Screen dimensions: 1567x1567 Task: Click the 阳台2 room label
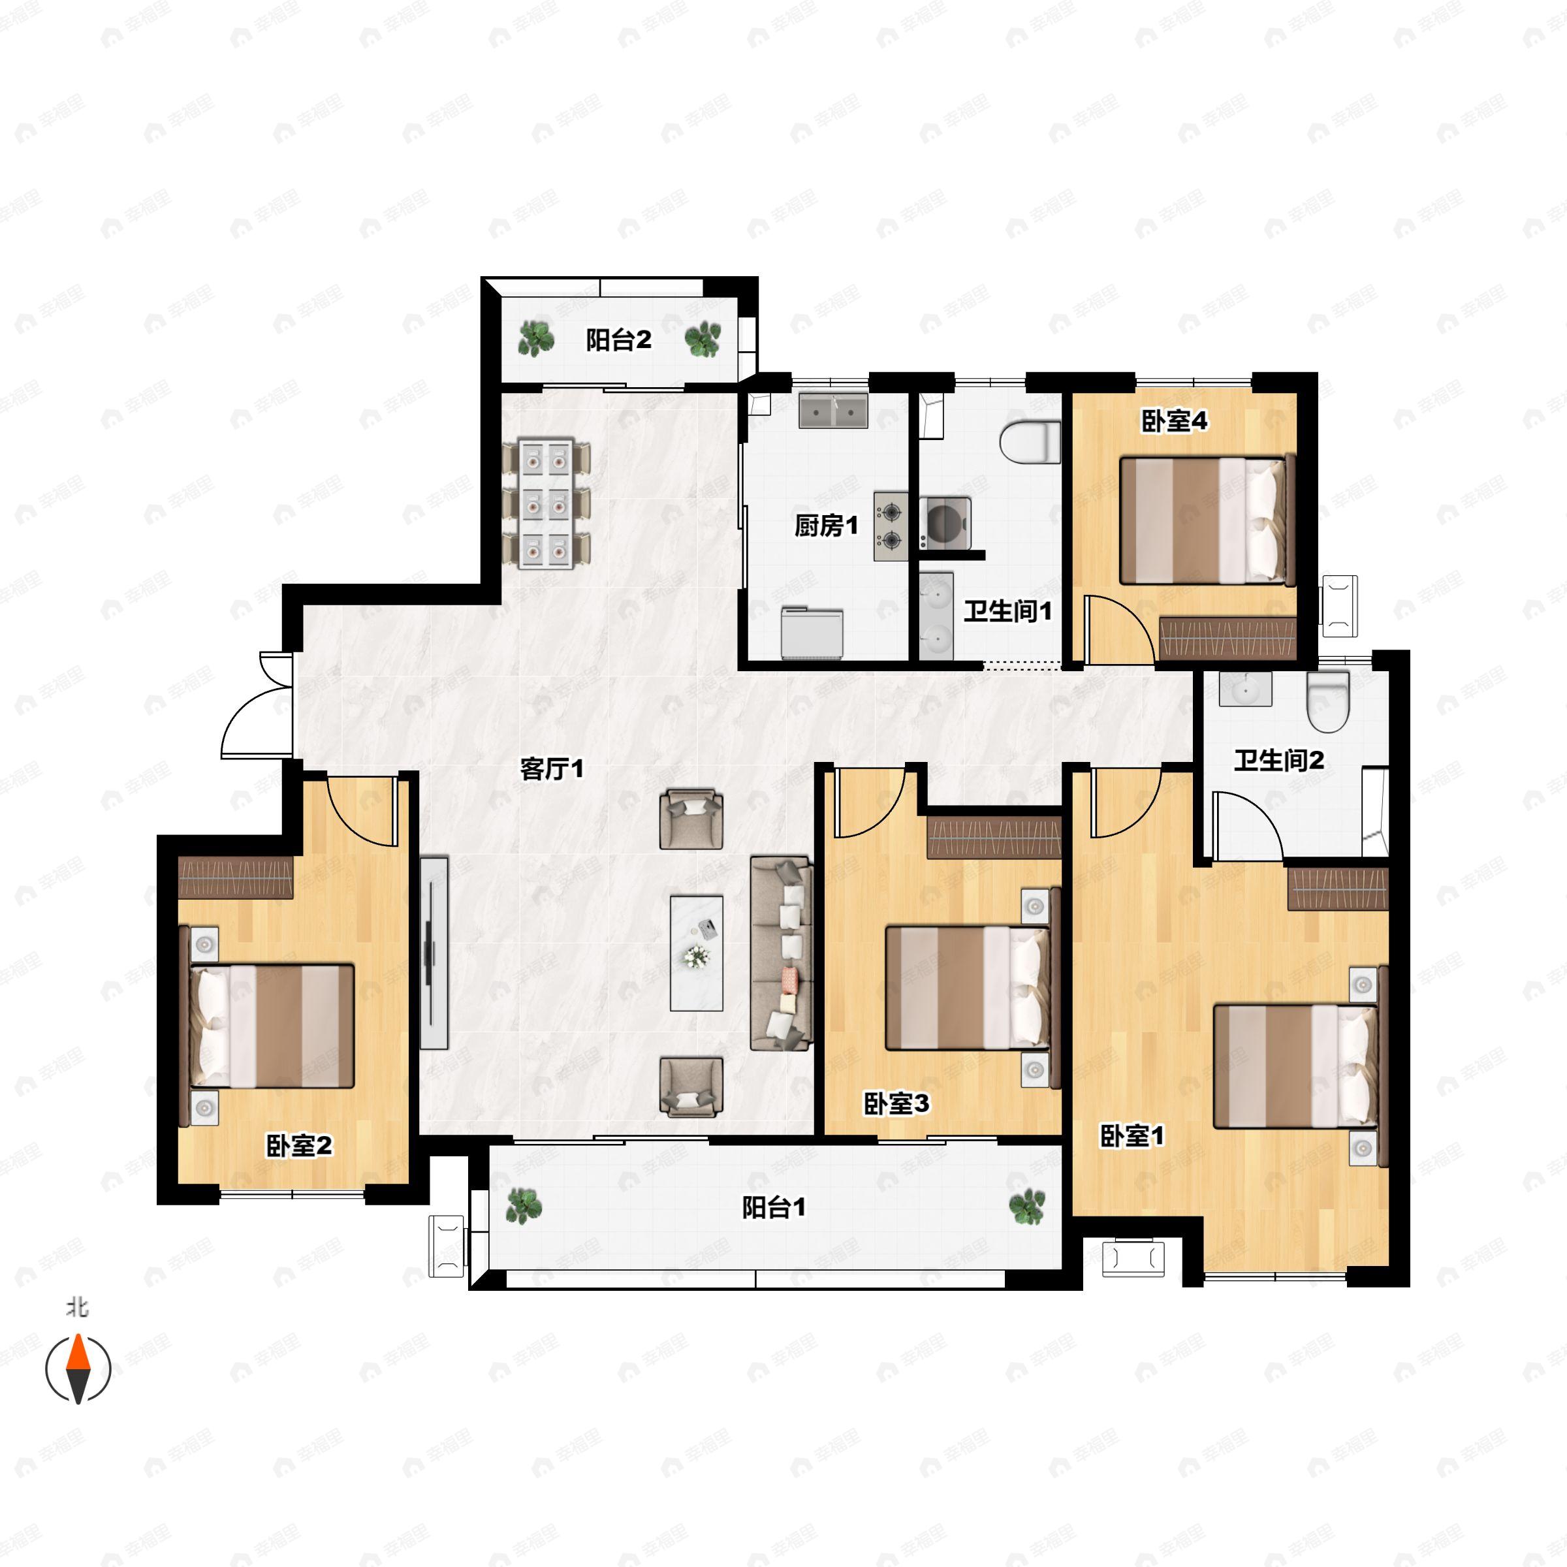[x=618, y=340]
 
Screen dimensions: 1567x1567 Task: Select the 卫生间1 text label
[x=1007, y=610]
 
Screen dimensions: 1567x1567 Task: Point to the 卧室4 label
[x=1174, y=421]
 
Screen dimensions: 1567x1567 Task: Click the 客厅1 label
[x=552, y=768]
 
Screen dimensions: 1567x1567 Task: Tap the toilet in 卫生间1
[x=1030, y=443]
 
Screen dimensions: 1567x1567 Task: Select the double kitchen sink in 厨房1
[x=833, y=411]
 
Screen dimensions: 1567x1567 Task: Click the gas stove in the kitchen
[x=891, y=526]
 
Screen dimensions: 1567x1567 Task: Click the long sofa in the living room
[x=781, y=954]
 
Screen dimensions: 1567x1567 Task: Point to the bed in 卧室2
[x=268, y=1026]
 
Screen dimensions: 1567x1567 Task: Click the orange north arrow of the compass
[x=77, y=1353]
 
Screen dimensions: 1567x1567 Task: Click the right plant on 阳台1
[x=1027, y=1206]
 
